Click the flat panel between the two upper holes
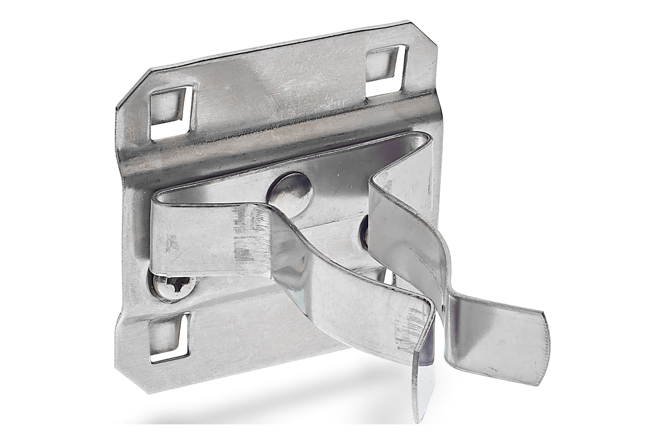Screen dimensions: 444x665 [280, 82]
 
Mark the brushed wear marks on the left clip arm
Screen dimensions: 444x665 [249, 235]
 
